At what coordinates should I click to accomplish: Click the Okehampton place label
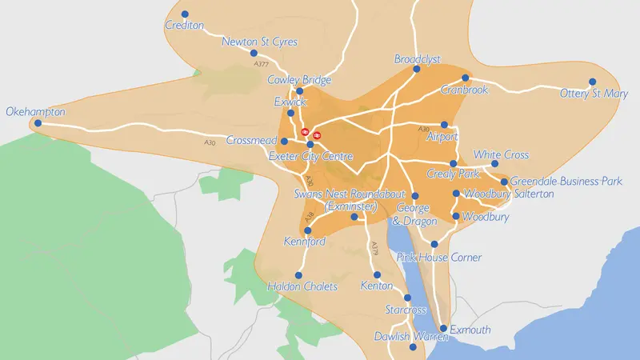pos(35,112)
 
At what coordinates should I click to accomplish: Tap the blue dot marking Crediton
pos(186,14)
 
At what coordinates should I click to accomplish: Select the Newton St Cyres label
pos(259,42)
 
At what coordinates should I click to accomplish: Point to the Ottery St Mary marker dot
pos(593,82)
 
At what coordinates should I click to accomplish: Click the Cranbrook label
pos(464,90)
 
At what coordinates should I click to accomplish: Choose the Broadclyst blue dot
pos(417,69)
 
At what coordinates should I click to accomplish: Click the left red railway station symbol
pos(305,134)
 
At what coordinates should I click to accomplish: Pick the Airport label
pos(442,137)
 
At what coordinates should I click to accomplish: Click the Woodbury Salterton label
pos(508,194)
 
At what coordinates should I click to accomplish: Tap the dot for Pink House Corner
pos(434,245)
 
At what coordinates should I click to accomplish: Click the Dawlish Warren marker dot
pos(413,348)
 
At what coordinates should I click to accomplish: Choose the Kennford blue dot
pos(308,230)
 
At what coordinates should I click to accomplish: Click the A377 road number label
pos(260,63)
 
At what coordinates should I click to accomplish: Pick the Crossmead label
pos(252,140)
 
